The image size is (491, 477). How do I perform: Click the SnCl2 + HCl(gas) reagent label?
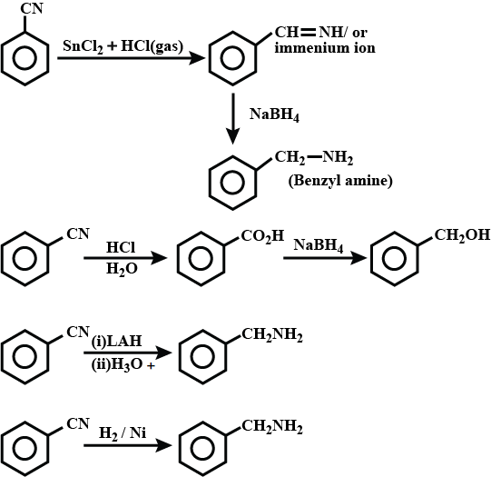coord(123,47)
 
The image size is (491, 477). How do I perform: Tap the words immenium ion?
coord(325,48)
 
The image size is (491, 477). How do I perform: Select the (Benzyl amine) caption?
coord(340,181)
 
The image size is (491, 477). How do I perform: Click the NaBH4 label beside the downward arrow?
coord(274,114)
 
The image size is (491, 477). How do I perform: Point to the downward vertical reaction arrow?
coord(233,119)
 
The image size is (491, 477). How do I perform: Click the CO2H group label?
coord(262,236)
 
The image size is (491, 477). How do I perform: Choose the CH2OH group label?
coord(462,235)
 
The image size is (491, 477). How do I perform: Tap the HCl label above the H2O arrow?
coord(121,248)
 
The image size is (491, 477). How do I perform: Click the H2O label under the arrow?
coord(122,269)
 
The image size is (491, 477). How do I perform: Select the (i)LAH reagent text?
coord(116,341)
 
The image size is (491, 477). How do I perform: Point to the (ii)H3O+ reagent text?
coord(123,365)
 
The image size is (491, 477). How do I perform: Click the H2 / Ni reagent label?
coord(123,433)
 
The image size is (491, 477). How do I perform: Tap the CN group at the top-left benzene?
coord(32,8)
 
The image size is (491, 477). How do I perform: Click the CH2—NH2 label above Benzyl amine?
coord(314,158)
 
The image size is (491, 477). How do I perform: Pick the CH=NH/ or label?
coord(321,33)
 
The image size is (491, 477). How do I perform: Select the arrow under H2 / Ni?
coord(128,445)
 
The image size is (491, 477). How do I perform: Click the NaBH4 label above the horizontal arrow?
coord(319,245)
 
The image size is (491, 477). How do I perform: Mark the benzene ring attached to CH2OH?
coord(394,259)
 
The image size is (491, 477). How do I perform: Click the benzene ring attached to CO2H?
coord(201,259)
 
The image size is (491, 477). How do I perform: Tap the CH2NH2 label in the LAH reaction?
coord(271,335)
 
